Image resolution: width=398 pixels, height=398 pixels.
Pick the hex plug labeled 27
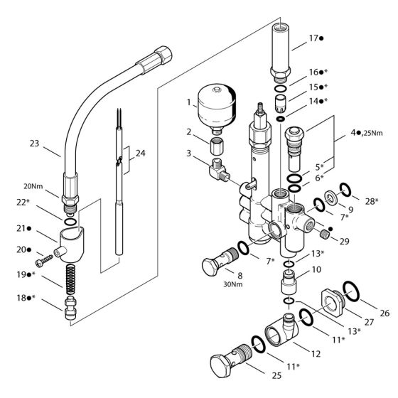pos(330,298)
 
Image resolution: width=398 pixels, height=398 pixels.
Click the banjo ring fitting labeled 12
pos(278,330)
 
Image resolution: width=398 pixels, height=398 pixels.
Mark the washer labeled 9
pos(332,196)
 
